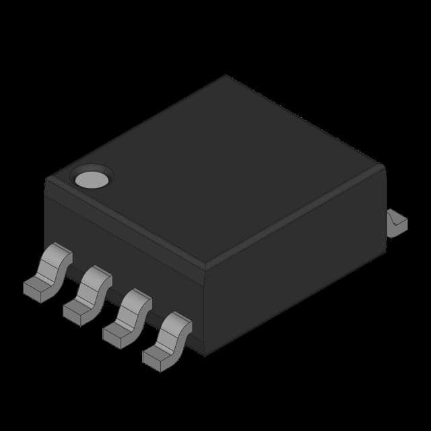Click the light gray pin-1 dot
(x=91, y=178)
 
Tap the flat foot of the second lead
(x=79, y=310)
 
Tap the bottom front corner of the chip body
(x=203, y=353)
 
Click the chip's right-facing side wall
(x=296, y=269)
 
